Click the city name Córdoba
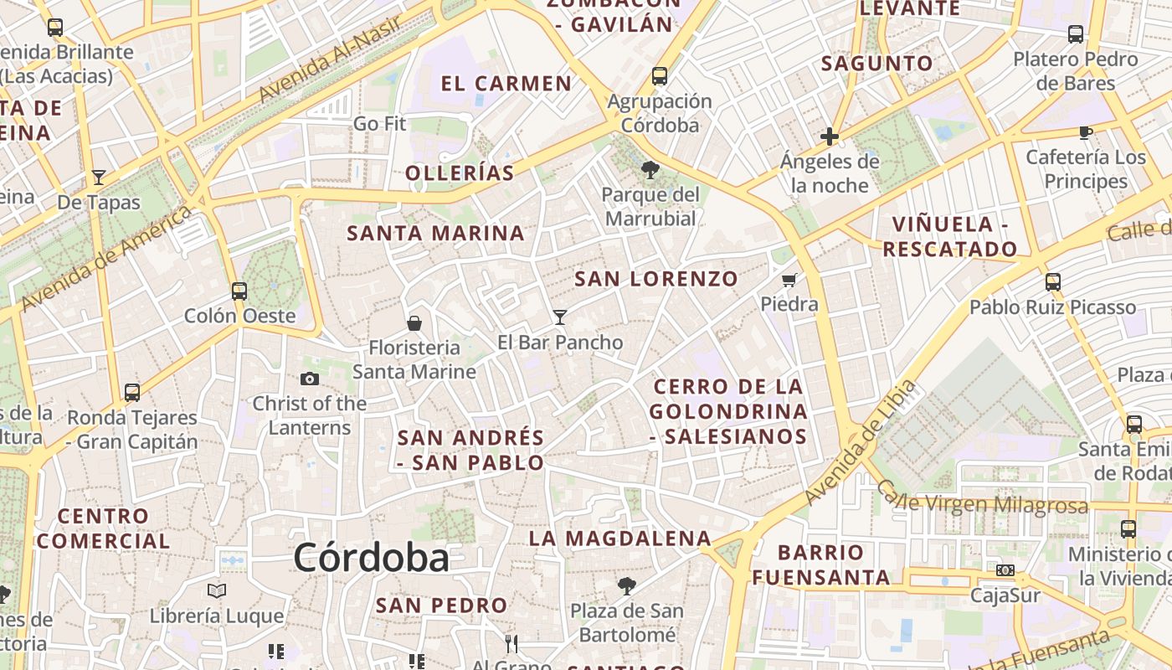coord(371,559)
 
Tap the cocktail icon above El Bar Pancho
coord(560,317)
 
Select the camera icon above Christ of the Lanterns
coord(310,379)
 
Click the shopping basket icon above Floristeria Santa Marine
coord(414,322)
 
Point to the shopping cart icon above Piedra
coord(789,280)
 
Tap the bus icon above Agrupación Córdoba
coord(660,76)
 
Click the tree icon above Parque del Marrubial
coord(650,170)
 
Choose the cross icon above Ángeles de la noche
coord(830,136)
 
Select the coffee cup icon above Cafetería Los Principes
coord(1085,132)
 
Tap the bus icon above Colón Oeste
coord(239,291)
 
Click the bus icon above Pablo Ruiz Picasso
coord(1053,282)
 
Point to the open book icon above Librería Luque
coord(217,591)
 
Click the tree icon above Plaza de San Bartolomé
coord(626,585)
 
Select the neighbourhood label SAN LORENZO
coord(656,279)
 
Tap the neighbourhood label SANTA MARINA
coord(435,234)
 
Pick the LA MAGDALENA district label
coord(619,539)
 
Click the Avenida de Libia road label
coord(861,445)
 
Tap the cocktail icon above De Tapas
coord(99,178)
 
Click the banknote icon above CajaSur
coord(1005,570)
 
